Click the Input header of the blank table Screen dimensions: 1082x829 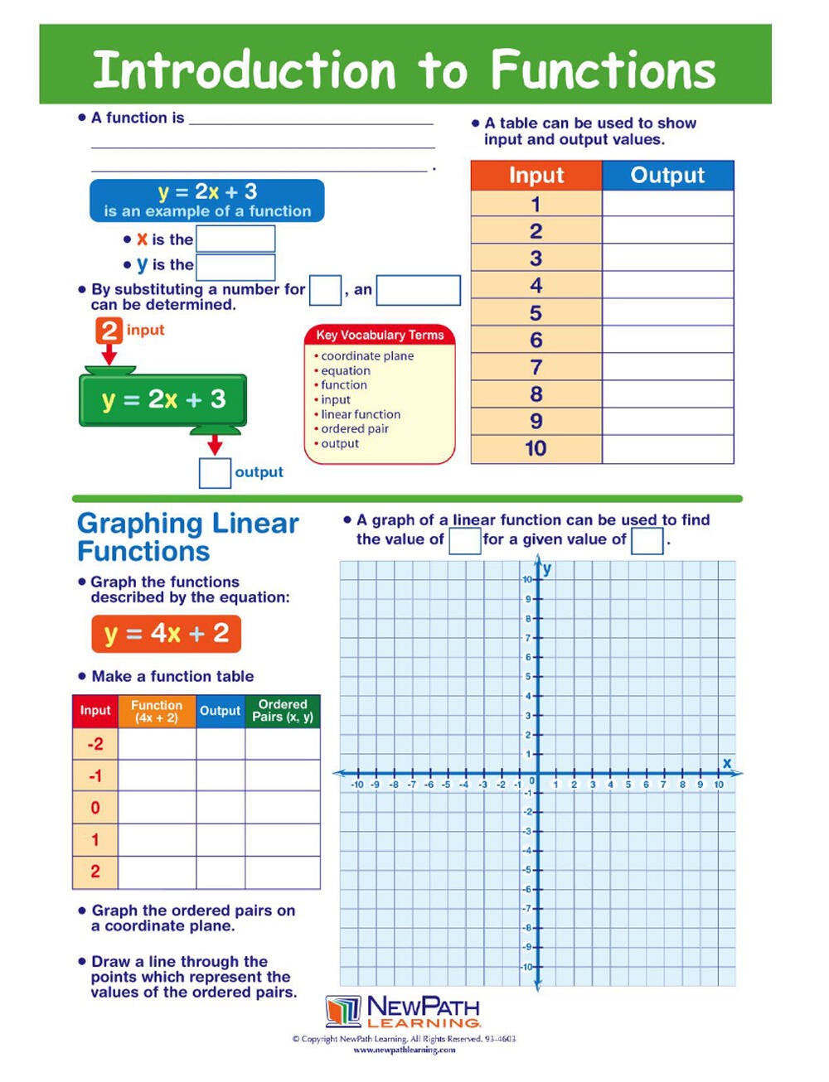[x=536, y=176]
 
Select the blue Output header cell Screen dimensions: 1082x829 [x=667, y=176]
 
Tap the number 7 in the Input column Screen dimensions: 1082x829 [x=536, y=367]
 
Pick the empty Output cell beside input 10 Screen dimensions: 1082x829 [x=667, y=449]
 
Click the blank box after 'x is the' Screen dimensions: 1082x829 [x=235, y=239]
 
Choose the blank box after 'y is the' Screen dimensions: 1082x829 [x=235, y=267]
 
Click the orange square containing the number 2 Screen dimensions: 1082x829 [x=109, y=331]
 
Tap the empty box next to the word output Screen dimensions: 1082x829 [x=215, y=473]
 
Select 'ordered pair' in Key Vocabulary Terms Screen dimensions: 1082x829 [x=354, y=429]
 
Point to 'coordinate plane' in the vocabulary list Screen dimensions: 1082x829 [x=366, y=356]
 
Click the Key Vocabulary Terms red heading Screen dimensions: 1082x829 [x=380, y=335]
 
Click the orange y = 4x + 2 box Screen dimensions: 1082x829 [x=166, y=634]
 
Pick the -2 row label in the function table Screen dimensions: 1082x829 [x=95, y=744]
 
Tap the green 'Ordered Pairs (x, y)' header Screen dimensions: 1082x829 [x=283, y=711]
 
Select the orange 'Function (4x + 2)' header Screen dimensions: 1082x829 [x=157, y=711]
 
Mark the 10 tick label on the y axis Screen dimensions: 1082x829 [x=527, y=579]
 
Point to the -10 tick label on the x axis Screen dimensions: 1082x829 [x=357, y=785]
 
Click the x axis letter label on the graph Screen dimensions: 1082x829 [x=727, y=763]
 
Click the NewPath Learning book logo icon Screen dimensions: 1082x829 [x=343, y=1011]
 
